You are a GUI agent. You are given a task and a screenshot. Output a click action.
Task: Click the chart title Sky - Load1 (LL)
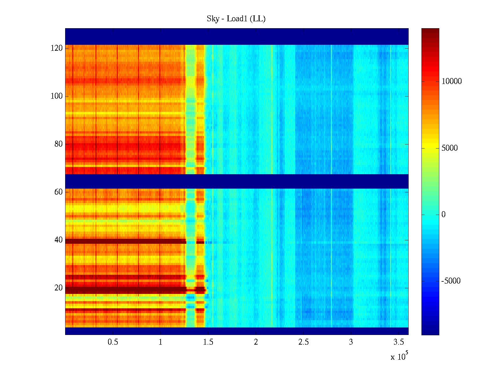236,19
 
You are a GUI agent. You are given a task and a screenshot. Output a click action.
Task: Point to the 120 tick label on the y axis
57,48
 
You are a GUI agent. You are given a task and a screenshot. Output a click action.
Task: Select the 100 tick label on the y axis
57,96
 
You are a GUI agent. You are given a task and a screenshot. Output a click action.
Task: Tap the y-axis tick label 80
59,144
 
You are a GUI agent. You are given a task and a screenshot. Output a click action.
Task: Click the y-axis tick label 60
59,192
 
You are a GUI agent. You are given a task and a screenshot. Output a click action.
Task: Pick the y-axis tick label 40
59,240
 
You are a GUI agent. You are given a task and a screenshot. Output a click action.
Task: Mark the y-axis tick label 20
59,288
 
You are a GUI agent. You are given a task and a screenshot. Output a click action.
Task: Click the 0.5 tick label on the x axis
113,342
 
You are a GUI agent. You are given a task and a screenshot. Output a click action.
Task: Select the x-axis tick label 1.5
208,342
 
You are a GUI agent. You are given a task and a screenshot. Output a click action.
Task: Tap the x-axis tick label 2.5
303,342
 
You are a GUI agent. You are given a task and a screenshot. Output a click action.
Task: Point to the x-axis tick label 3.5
399,342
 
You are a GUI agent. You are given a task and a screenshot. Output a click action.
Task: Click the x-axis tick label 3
351,342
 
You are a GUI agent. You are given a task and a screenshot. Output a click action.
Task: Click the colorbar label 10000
452,81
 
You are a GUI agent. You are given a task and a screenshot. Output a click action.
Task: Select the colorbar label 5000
450,148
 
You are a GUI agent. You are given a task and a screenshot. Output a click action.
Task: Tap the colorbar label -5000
451,281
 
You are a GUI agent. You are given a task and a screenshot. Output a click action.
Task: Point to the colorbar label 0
443,215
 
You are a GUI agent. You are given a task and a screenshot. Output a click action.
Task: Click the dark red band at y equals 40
125,241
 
